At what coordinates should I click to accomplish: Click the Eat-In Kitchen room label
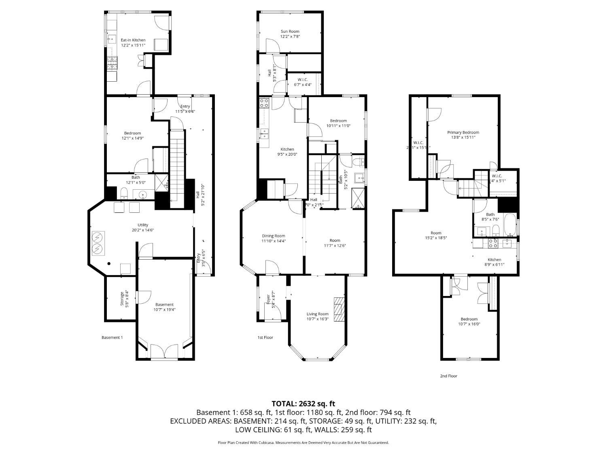point(133,40)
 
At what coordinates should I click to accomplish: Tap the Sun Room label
point(290,31)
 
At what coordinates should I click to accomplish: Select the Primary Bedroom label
point(463,132)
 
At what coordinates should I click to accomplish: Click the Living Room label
point(317,314)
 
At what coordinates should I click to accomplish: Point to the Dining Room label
point(274,236)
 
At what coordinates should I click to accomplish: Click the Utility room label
point(142,225)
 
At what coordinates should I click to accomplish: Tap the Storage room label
point(122,298)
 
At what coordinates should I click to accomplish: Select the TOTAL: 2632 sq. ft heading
point(303,403)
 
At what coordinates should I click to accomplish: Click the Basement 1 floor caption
point(112,337)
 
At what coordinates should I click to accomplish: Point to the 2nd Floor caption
point(448,376)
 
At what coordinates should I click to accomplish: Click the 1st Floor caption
point(265,337)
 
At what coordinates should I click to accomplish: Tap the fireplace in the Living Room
point(338,309)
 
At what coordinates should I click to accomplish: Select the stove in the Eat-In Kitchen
point(112,63)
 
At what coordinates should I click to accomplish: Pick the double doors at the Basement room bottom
point(164,351)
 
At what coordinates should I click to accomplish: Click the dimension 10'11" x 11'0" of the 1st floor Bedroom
point(338,126)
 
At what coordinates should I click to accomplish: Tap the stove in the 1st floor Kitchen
point(264,103)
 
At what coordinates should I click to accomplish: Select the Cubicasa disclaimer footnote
point(303,442)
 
